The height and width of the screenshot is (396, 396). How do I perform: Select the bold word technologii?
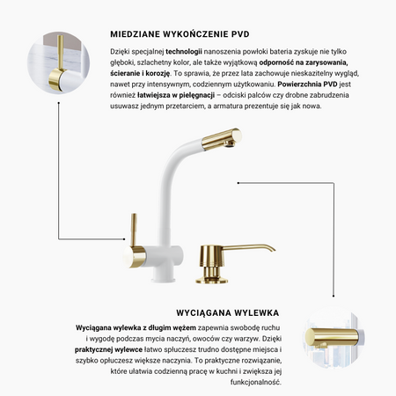(184, 52)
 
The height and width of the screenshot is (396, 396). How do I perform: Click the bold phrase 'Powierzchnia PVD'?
(307, 84)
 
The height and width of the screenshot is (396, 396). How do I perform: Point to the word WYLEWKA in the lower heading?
(257, 313)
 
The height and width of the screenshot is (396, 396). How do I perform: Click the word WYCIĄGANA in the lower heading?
(204, 313)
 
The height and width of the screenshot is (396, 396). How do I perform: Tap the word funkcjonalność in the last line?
(256, 382)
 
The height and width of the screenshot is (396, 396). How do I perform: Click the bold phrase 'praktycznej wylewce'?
(108, 349)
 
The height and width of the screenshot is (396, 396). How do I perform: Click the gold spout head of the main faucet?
(222, 138)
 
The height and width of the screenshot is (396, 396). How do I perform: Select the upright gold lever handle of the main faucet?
(134, 230)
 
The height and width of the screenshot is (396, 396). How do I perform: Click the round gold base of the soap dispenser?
(212, 281)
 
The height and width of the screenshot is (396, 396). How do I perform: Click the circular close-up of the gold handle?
(59, 62)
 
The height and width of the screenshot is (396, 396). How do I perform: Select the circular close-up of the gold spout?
(334, 338)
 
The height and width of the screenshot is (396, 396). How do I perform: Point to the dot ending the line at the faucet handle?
(124, 239)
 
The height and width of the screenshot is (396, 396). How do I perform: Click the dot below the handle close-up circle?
(59, 103)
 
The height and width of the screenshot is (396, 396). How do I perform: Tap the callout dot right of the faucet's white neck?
(238, 183)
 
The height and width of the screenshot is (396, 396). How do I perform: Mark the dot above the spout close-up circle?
(334, 296)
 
